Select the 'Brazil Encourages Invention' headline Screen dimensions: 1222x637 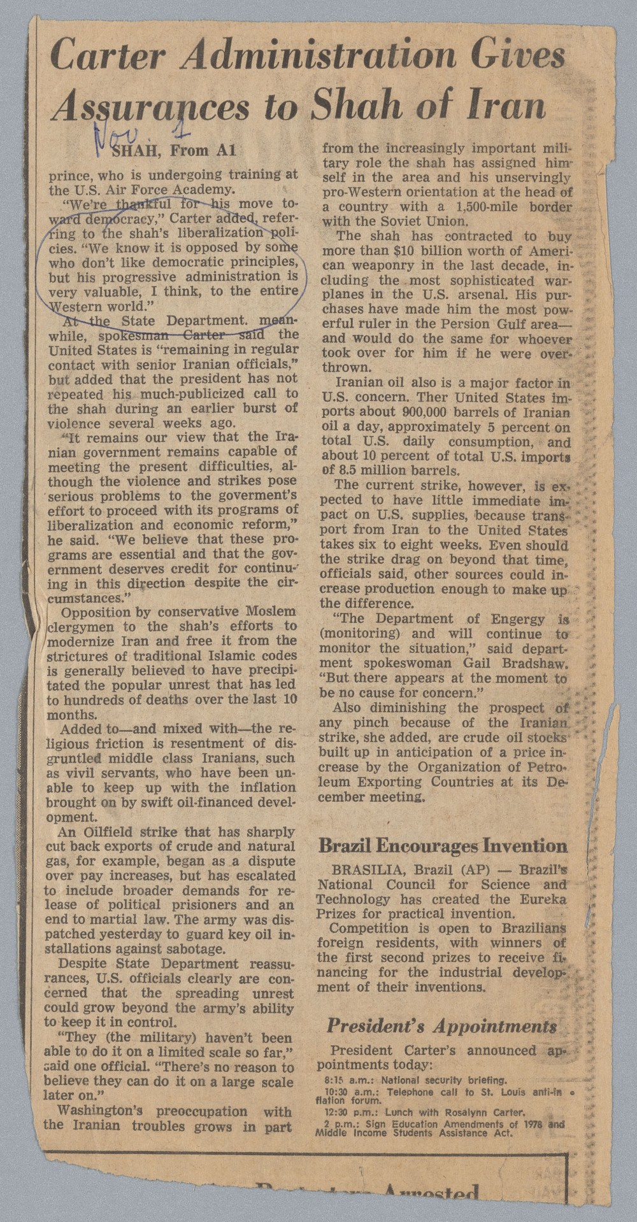pyautogui.click(x=442, y=846)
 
